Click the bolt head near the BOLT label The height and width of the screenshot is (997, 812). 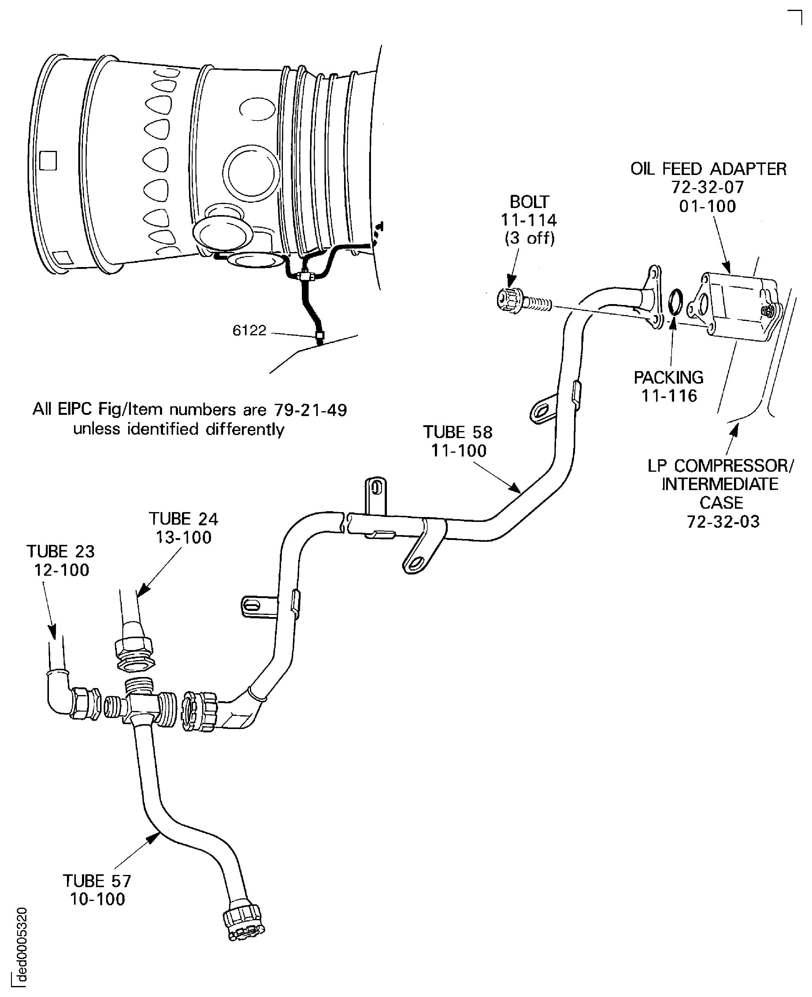coord(509,299)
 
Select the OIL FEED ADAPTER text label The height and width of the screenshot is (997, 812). coord(708,169)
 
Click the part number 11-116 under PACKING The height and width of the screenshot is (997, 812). coord(669,396)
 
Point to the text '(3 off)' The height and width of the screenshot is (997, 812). coord(529,239)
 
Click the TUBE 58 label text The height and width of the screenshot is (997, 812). coord(458,432)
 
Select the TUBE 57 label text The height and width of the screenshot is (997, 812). coord(97,881)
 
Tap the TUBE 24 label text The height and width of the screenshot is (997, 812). coord(184,519)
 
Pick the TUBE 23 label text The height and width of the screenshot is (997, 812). coord(61,552)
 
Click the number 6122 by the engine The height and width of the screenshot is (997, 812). coord(249,331)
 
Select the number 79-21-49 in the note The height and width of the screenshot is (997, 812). coord(311,410)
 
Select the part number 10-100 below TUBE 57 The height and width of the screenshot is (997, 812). coord(97,899)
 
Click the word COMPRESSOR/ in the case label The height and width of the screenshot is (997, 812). coord(734,466)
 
